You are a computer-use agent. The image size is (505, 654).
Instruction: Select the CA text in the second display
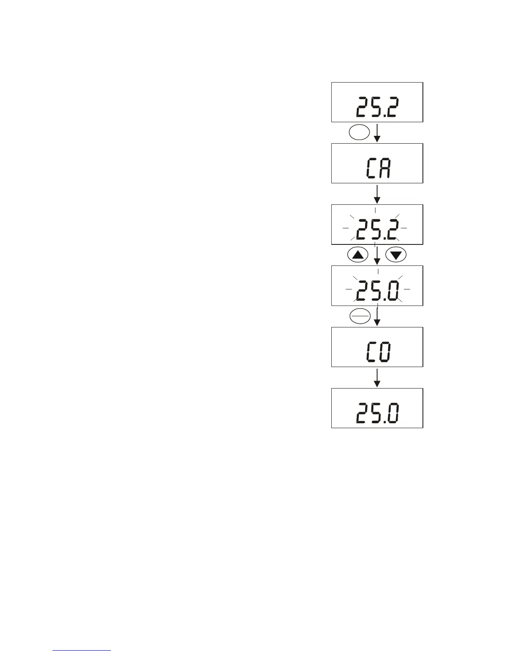click(377, 168)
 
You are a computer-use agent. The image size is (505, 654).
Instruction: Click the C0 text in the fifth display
click(377, 352)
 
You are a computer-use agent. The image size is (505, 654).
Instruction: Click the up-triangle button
click(358, 255)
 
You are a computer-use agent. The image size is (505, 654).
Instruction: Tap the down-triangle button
click(396, 255)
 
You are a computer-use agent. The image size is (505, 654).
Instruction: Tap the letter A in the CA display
click(385, 168)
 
